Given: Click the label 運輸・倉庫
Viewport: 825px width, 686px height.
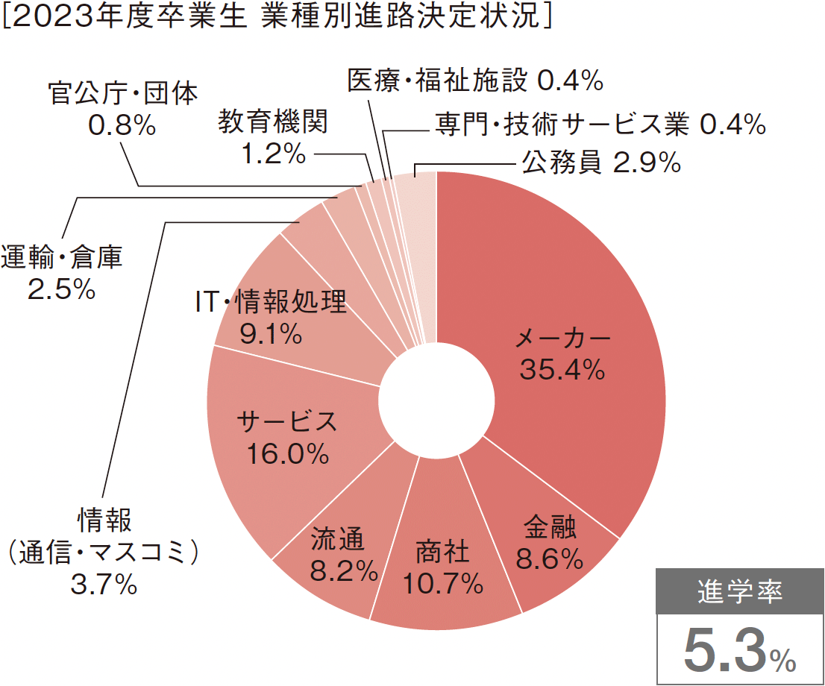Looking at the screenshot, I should pos(61,258).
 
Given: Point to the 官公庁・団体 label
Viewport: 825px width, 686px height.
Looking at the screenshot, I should pos(122,93).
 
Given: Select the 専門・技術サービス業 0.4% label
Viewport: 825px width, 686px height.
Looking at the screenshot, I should pos(600,125).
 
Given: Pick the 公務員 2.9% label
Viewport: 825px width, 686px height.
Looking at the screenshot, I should pos(601,162).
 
